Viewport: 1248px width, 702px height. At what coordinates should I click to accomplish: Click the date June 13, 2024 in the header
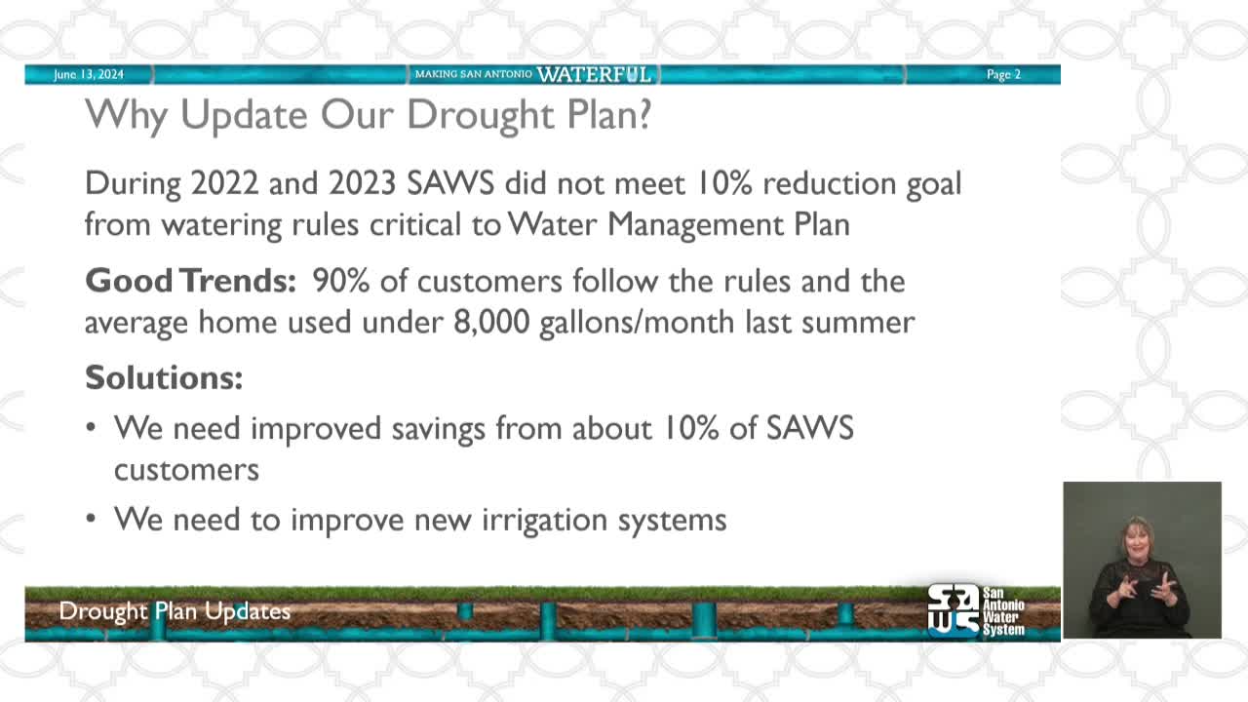89,75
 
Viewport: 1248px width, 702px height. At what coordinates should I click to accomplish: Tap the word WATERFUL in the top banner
593,75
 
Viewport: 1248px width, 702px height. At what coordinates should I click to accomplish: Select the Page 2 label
1003,75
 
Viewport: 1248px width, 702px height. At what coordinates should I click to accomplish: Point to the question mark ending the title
643,115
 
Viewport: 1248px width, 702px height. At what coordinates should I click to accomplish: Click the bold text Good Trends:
190,281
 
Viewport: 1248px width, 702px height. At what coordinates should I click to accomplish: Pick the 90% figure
339,281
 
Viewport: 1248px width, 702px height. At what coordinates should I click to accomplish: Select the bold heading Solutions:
164,377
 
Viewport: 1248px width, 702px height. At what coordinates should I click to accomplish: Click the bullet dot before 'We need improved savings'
92,428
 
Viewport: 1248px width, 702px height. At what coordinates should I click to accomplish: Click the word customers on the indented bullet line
186,469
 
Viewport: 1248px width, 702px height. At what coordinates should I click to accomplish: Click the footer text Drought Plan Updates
175,611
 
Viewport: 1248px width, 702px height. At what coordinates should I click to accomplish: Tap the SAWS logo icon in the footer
953,610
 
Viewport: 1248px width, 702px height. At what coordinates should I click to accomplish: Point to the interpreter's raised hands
1144,589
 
